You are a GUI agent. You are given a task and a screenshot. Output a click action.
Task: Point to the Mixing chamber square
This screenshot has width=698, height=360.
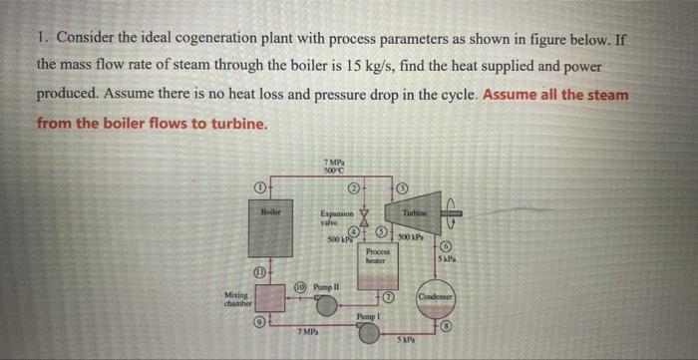269,299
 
